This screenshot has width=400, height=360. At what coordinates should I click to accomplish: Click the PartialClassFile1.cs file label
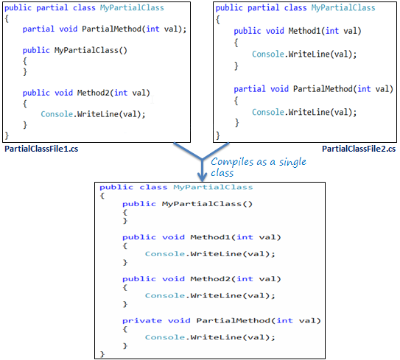[x=41, y=149]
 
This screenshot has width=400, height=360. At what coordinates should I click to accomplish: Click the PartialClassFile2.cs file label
[x=359, y=149]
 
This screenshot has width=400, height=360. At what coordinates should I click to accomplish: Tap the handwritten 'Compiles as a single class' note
[x=259, y=167]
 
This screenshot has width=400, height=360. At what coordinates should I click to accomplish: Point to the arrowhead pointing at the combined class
[x=202, y=177]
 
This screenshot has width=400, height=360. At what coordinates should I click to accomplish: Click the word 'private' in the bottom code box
[x=142, y=320]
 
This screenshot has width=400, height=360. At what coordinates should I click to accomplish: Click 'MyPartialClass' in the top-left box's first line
[x=132, y=8]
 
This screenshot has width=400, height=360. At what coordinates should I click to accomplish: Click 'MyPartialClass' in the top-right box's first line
[x=343, y=8]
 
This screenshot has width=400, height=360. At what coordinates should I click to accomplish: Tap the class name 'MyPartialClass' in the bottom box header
[x=214, y=188]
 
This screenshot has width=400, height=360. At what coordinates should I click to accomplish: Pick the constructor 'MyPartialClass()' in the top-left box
[x=91, y=50]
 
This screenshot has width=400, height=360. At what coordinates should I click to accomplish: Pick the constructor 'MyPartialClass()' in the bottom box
[x=207, y=204]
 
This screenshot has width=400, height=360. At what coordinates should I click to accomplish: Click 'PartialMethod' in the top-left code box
[x=111, y=29]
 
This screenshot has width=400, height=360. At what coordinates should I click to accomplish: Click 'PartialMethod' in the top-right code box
[x=323, y=89]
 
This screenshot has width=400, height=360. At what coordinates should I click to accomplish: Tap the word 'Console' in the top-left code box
[x=57, y=114]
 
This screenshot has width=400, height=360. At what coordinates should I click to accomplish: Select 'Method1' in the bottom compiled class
[x=211, y=237]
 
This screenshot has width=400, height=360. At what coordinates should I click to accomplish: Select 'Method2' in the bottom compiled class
[x=211, y=279]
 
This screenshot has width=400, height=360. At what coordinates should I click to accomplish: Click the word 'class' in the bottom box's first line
[x=153, y=188]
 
